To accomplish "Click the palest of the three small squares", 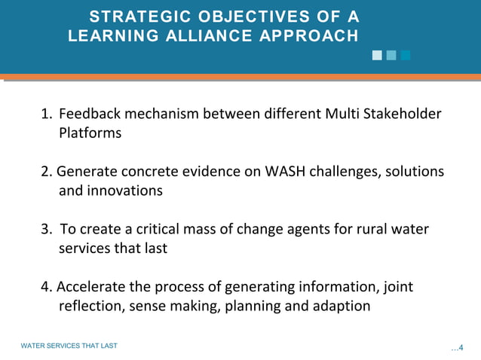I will (x=377, y=55).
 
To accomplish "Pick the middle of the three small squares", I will (x=391, y=55).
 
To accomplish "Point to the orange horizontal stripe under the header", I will (x=240, y=77).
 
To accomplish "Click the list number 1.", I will (x=46, y=114).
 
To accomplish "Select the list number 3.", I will (x=46, y=230).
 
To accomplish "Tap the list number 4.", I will (x=46, y=287).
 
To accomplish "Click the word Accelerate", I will (x=88, y=287).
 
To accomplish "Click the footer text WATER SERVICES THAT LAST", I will (x=69, y=346).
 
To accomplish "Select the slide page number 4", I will (x=461, y=347).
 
